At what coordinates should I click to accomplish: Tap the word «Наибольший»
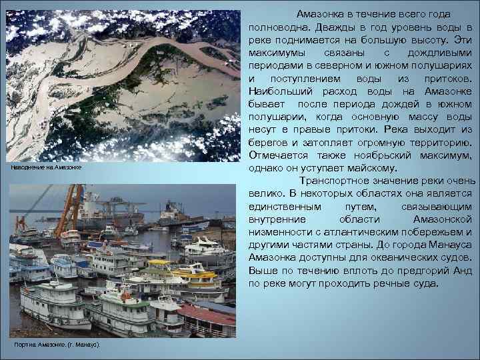pyautogui.click(x=279, y=91)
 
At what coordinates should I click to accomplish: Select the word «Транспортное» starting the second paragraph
pyautogui.click(x=337, y=181)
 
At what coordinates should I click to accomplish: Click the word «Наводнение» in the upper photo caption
pyautogui.click(x=28, y=168)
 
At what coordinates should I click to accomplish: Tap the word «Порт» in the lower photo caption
pyautogui.click(x=21, y=343)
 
